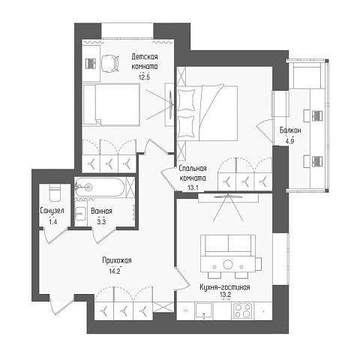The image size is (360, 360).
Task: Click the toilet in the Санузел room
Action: pos(55,193)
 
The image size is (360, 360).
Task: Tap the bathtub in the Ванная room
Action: pos(100,187)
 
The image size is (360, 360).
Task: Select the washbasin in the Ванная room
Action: pos(80,214)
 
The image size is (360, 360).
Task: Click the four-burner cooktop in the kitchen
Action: pos(243,310)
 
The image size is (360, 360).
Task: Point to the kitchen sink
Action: pos(204,311)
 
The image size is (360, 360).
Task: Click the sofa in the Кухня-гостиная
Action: pos(228,245)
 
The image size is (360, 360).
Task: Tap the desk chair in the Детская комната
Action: pos(110,64)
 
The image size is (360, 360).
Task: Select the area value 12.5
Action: pos(144,77)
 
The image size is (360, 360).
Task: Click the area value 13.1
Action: pos(193,187)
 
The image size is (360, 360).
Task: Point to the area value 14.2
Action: pos(115,271)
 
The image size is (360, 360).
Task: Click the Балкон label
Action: pos(290,130)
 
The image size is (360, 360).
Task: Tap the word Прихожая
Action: pos(117,260)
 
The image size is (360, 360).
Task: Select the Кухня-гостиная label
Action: pos(225,287)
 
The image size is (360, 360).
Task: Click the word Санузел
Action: pos(52,211)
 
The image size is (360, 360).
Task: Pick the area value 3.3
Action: pos(101,221)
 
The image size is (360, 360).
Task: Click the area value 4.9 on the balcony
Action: pos(290,141)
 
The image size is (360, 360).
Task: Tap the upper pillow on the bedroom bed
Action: pos(186,100)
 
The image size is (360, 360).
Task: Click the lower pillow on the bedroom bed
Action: pos(186,127)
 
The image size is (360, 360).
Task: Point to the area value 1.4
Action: pos(53,221)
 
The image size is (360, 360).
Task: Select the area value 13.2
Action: pos(225,295)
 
